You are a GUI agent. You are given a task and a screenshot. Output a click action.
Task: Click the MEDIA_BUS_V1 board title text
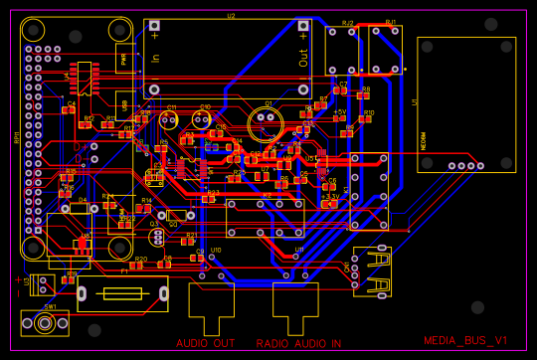click(465, 340)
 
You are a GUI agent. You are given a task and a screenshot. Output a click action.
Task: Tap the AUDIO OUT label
click(206, 343)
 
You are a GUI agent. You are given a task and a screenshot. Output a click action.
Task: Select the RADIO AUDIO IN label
click(298, 343)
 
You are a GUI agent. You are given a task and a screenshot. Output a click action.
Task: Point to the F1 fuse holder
click(122, 293)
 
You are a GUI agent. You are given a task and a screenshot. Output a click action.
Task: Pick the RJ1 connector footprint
click(386, 50)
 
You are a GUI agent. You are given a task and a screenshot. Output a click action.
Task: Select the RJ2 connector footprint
click(343, 50)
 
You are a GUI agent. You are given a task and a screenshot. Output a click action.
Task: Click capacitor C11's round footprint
click(170, 120)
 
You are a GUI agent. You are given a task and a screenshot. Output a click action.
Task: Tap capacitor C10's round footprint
click(202, 120)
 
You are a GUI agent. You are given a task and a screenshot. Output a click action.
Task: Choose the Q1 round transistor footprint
click(266, 122)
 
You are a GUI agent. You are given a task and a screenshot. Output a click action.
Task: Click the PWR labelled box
click(124, 58)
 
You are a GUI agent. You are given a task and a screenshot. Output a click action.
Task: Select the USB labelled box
click(124, 103)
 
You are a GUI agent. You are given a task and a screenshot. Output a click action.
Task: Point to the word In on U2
click(155, 59)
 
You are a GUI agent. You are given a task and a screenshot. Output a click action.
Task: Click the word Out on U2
click(304, 59)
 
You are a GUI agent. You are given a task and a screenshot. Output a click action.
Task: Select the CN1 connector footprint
click(372, 271)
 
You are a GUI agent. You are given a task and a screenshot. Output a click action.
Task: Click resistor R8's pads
click(363, 95)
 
